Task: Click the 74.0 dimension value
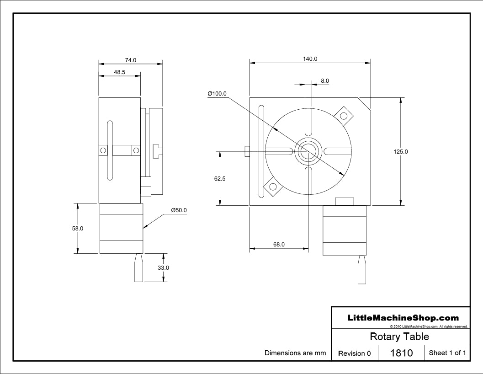(130, 60)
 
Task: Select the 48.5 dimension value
(120, 72)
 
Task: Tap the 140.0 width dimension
(310, 59)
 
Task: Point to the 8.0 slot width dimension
(325, 81)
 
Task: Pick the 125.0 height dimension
(400, 151)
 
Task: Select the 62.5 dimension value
(220, 178)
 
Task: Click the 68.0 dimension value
(279, 245)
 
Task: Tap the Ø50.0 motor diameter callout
(179, 210)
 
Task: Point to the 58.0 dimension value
(78, 229)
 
